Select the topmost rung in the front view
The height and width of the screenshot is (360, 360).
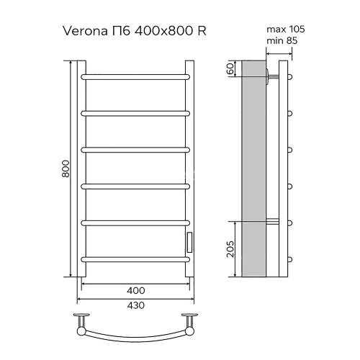point(135,76)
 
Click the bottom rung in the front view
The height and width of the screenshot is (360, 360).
point(135,258)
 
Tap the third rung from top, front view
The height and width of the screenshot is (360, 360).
point(135,149)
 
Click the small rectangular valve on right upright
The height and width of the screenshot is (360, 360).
point(189,241)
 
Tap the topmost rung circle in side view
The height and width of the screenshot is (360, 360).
point(290,75)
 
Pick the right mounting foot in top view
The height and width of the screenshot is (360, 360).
point(190,318)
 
